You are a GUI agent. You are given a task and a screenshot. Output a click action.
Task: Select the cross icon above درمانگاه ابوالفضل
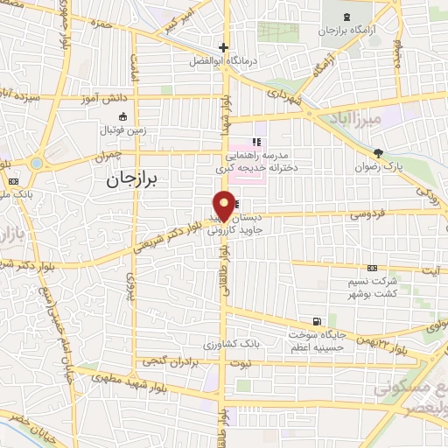pos(224,48)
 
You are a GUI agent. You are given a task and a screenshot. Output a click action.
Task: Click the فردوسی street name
pos(344,213)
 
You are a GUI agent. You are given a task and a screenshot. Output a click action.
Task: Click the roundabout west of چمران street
pos(36,164)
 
